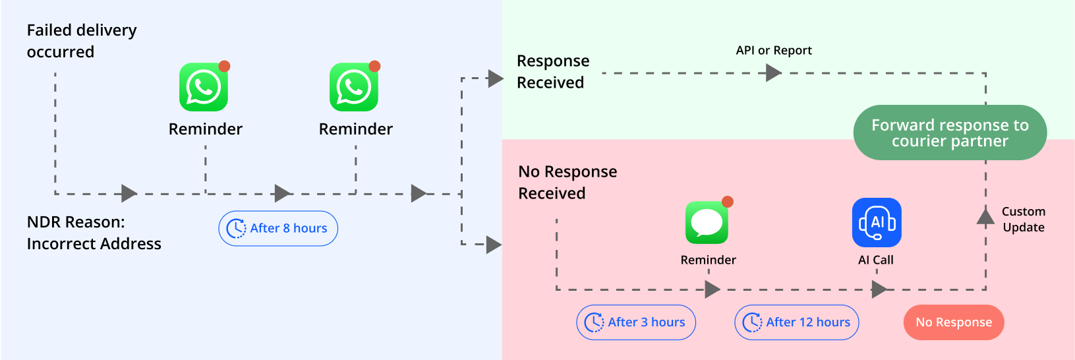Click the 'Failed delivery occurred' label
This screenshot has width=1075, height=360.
81,41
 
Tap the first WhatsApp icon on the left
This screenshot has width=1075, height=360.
204,87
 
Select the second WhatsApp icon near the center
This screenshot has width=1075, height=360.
354,87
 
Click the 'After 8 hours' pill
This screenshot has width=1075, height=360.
278,228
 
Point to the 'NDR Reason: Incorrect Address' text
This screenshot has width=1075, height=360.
94,233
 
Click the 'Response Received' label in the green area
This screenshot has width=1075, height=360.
552,71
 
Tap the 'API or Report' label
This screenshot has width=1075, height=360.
773,51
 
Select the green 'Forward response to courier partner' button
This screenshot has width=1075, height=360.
950,133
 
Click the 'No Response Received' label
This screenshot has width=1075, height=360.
567,182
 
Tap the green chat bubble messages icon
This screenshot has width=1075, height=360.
707,223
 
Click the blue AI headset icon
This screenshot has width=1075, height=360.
877,223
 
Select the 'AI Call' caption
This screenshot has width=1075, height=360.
875,260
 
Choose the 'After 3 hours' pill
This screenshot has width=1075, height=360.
636,322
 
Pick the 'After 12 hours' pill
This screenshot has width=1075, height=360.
796,322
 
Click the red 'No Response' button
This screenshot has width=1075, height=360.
953,322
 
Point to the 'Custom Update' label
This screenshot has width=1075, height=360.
1023,220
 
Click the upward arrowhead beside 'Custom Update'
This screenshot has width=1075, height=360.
985,216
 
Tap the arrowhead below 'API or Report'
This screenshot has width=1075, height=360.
773,73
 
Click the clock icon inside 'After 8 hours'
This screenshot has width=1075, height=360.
236,229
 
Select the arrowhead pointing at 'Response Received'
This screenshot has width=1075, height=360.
495,78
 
